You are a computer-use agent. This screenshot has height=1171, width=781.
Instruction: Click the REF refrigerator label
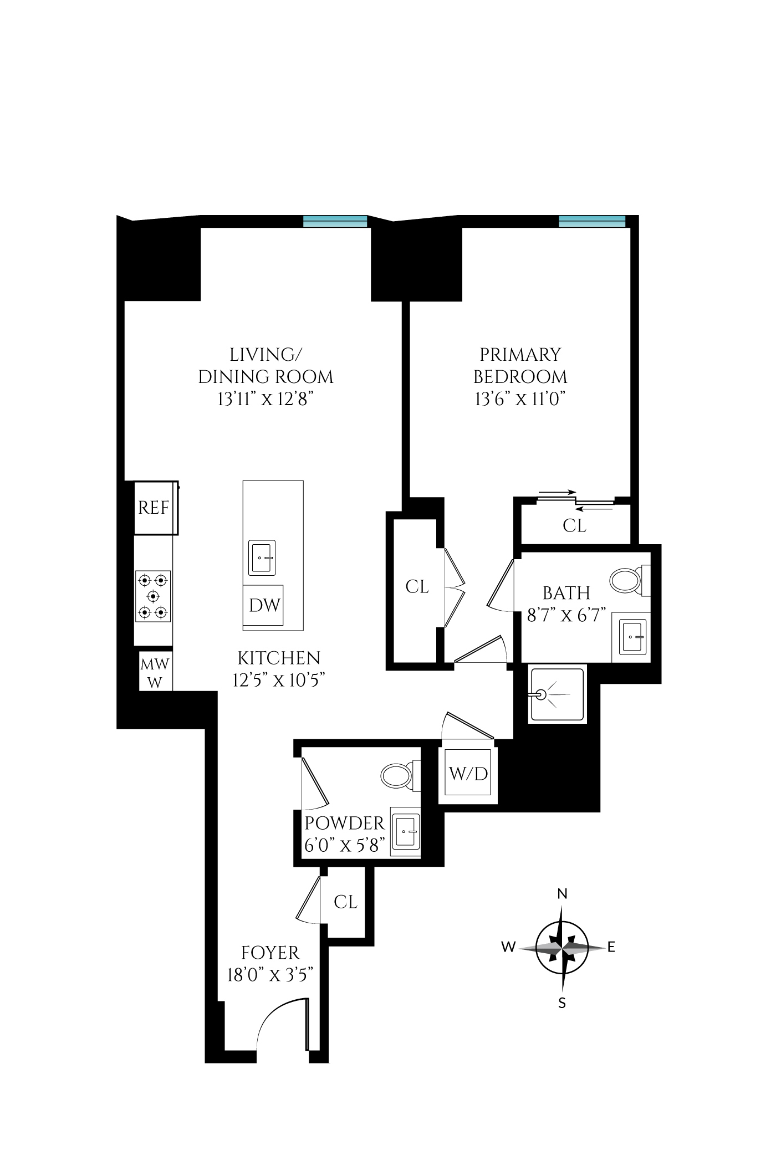pos(154,508)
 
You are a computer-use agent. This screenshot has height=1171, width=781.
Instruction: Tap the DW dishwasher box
pos(264,605)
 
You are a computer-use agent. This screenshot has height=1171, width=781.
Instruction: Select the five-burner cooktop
pos(153,596)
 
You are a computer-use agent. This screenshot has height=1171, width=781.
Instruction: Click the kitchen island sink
pos(262,558)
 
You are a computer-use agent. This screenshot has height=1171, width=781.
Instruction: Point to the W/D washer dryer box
pos(468,774)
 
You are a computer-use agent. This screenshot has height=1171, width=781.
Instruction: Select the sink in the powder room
pos(406,832)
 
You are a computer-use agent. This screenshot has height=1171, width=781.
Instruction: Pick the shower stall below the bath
pos(557,695)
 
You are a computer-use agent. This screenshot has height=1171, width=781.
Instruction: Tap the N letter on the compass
pos(562,893)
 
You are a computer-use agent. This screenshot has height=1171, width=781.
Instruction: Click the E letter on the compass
pos(611,947)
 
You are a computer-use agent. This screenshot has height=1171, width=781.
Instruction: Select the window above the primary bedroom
pos(592,221)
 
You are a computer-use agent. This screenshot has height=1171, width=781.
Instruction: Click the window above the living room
pos(335,221)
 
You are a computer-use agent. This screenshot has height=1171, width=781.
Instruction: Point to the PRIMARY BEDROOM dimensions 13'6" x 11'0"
pos(519,399)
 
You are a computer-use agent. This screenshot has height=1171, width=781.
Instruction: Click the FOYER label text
pos(270,953)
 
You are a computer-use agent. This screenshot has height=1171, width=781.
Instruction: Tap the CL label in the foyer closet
pos(345,902)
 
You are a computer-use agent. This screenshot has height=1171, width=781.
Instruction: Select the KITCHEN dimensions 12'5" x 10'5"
pos(278,680)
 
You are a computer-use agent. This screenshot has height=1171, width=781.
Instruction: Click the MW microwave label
pos(155,664)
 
